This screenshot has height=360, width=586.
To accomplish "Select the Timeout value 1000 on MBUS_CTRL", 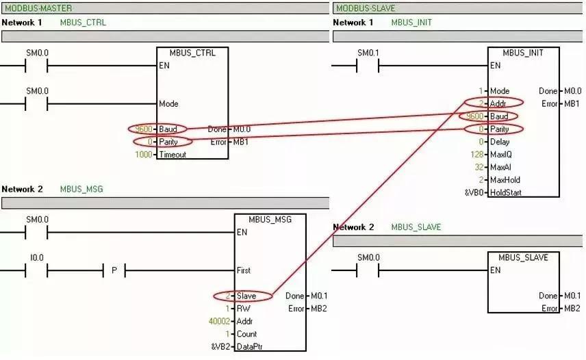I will pos(145,155).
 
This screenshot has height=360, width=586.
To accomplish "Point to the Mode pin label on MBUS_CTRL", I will pos(168,104).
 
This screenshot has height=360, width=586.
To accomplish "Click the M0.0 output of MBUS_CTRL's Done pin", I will pos(242,129).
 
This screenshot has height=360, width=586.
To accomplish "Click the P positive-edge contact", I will pos(114,270).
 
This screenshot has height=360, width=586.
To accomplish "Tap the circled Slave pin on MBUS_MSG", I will pos(246,296).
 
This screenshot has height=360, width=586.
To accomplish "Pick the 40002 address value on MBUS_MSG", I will pos(220,321).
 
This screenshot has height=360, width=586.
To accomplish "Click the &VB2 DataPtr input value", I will pos(220,346).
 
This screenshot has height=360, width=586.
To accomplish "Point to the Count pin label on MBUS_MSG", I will pos(246,334).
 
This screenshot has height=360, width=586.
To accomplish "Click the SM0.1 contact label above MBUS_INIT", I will pos(368,53).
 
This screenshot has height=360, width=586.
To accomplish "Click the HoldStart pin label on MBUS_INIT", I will pos(506,193).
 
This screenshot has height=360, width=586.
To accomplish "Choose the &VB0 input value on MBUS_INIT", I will pos(474,193).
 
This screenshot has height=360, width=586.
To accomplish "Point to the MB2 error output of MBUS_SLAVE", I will pos(570,309).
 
